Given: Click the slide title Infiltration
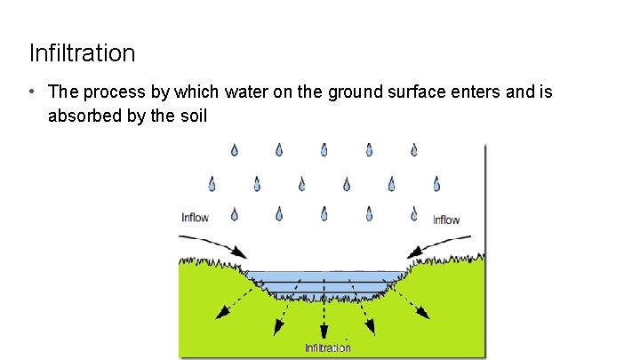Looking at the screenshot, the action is tap(82, 53).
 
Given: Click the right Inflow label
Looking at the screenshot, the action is tap(446, 220).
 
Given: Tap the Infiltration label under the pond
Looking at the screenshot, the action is tap(328, 348).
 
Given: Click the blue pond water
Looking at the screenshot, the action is tap(324, 281).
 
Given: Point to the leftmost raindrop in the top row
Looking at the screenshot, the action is tap(235, 150).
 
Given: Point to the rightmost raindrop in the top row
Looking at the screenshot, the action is tap(414, 150).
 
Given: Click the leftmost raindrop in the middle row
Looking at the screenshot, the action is tap(212, 184).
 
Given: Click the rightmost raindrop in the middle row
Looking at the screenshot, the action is tap(436, 184).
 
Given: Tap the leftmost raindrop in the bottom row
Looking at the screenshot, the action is tap(235, 214).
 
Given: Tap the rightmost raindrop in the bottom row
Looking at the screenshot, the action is tap(414, 214).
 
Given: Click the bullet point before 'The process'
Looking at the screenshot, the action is tap(31, 92).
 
